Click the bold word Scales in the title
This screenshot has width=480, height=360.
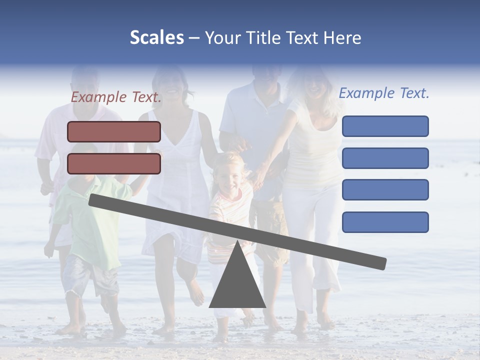click(x=156, y=37)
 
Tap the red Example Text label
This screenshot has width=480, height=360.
click(x=116, y=97)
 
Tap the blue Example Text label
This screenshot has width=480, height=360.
click(x=384, y=93)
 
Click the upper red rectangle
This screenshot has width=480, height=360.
click(x=114, y=131)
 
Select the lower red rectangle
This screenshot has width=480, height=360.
click(x=114, y=163)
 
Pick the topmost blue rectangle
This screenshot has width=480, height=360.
click(x=385, y=126)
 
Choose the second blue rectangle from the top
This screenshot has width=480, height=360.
click(x=385, y=158)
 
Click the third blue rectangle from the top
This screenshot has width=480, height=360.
click(x=385, y=190)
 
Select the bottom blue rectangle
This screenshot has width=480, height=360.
click(x=385, y=222)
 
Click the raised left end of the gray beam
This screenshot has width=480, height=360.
click(x=95, y=200)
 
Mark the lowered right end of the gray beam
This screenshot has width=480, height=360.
click(x=380, y=262)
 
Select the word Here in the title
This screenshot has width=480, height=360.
click(x=342, y=37)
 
